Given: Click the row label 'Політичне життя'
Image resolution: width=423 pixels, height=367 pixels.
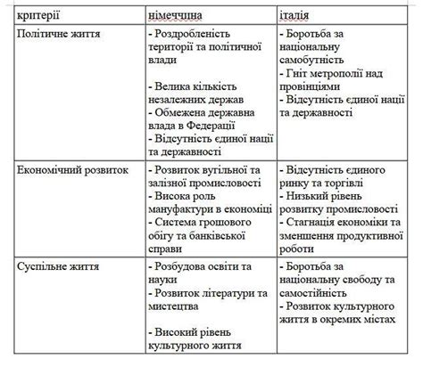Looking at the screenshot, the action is click(x=59, y=33).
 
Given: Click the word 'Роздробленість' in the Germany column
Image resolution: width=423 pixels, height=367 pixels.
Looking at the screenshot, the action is click(x=195, y=33).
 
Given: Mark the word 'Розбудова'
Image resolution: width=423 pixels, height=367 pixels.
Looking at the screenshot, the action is click(x=183, y=265).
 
